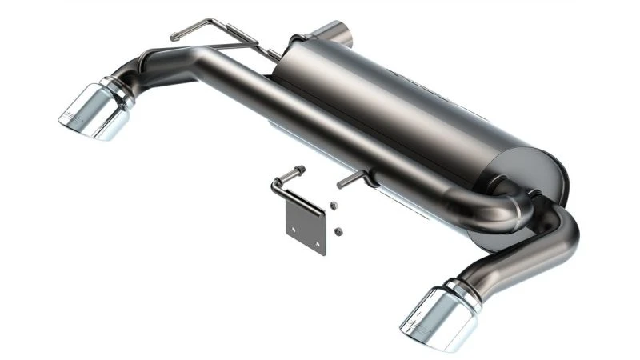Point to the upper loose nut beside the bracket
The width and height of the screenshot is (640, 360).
point(333,206)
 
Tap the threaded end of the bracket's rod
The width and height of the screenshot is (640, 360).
point(298,170)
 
